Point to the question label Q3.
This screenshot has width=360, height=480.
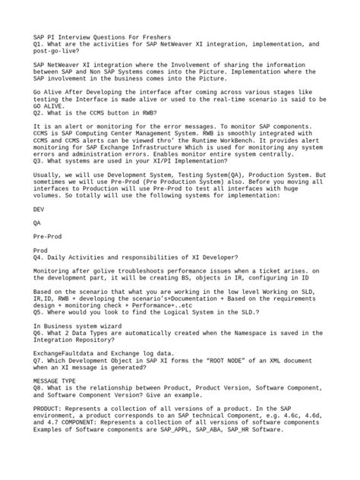click(x=39, y=162)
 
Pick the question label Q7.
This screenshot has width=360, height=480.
click(x=39, y=361)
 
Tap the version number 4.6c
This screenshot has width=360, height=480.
click(x=279, y=417)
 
